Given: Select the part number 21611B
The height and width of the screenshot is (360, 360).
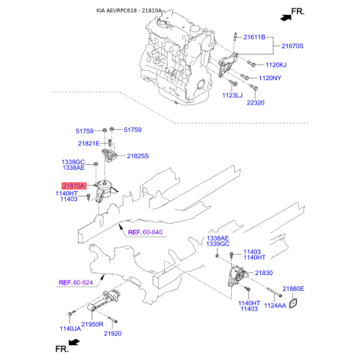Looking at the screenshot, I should [x=254, y=37].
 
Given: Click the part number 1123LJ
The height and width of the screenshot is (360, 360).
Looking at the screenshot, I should [x=233, y=94].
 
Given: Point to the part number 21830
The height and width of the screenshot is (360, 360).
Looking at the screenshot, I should [x=263, y=272].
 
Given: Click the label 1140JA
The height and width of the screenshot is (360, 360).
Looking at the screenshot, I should [x=69, y=329].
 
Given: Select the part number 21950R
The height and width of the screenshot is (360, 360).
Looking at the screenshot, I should [x=94, y=323].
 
